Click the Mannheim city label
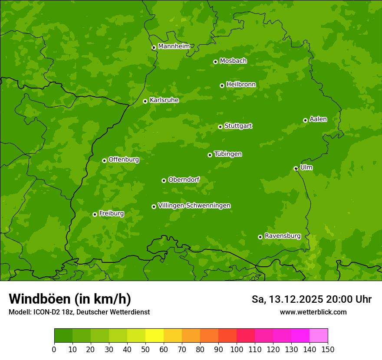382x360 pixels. click(174, 46)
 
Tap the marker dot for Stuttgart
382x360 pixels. click(220, 127)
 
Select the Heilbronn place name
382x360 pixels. click(241, 85)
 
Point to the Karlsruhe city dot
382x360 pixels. click(145, 101)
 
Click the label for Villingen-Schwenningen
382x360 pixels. click(194, 206)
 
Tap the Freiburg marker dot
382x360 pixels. click(95, 214)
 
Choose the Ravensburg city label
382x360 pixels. click(283, 236)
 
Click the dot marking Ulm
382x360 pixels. click(296, 168)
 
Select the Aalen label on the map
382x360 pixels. click(318, 119)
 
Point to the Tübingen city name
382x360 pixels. click(228, 154)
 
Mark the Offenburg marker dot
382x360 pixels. click(104, 160)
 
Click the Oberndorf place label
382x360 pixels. click(184, 180)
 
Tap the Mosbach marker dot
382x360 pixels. click(215, 62)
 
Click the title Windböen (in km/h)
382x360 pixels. click(70, 299)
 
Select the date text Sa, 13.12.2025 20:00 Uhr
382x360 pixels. click(311, 299)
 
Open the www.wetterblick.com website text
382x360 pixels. click(313, 312)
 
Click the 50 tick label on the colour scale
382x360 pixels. click(145, 349)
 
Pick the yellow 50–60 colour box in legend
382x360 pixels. click(155, 336)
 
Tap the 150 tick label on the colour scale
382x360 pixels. click(328, 349)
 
